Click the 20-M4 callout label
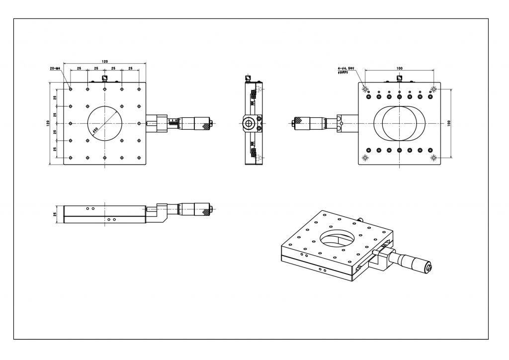point(55,68)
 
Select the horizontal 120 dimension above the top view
point(104,61)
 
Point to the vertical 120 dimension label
point(48,123)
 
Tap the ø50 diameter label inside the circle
point(95,130)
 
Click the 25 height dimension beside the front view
point(55,214)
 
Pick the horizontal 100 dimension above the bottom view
point(400,68)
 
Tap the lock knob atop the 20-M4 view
point(104,78)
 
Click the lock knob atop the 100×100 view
point(399,78)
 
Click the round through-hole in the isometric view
point(338,237)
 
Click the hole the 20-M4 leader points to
point(71,89)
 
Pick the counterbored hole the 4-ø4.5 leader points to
point(365,89)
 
